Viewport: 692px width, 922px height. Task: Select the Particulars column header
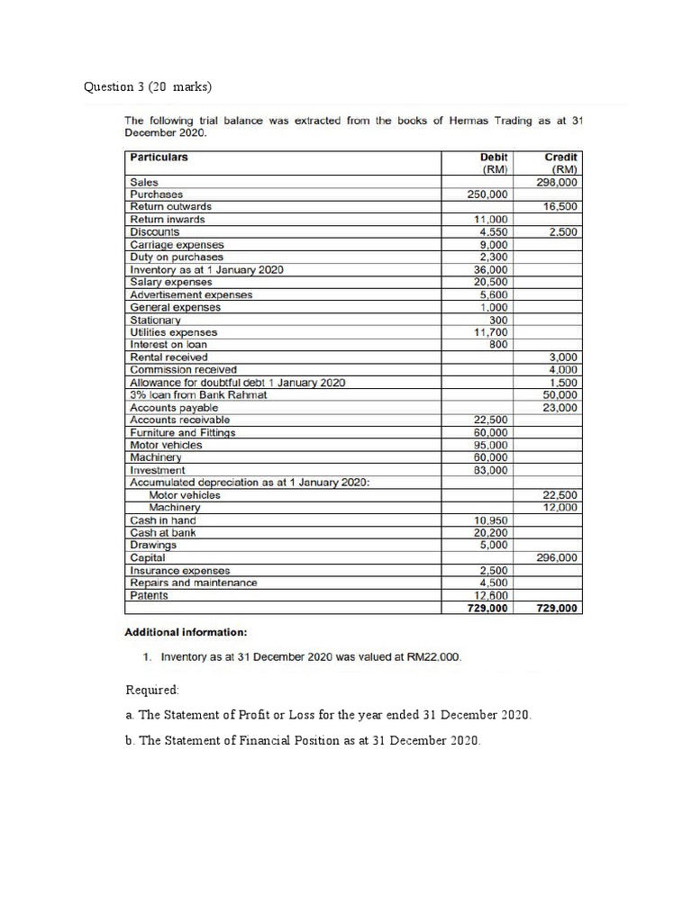point(159,158)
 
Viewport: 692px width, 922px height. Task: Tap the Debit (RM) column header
point(494,163)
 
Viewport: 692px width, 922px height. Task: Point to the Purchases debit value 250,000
point(487,194)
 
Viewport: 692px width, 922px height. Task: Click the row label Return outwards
point(171,206)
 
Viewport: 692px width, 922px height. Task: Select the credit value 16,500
point(560,206)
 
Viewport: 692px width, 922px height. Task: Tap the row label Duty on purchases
point(177,257)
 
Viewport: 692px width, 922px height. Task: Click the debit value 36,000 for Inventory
point(491,269)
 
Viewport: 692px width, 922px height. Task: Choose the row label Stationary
point(156,320)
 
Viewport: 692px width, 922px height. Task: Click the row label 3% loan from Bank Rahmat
point(198,394)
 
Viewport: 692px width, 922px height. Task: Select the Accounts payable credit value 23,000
point(560,408)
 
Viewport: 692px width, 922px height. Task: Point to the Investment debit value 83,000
point(491,470)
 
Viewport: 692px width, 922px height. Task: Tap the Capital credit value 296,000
point(558,557)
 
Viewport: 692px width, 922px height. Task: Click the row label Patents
point(150,595)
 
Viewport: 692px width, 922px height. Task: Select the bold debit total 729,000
point(487,609)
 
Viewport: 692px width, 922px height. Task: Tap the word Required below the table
point(152,690)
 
